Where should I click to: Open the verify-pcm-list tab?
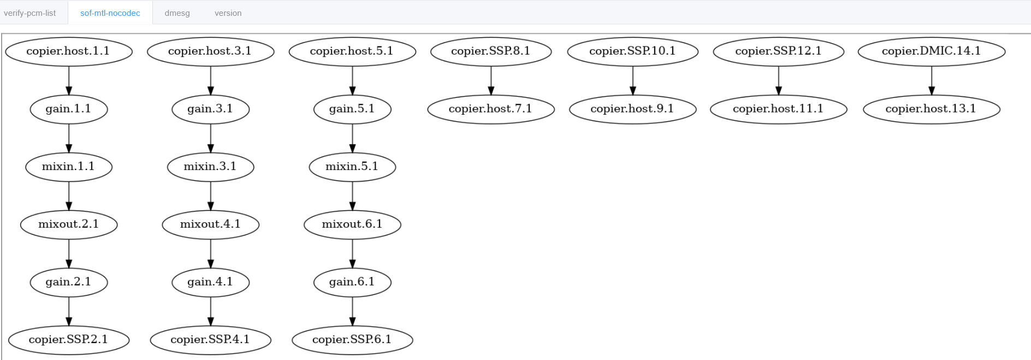pyautogui.click(x=29, y=13)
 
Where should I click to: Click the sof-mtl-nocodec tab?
pyautogui.click(x=110, y=13)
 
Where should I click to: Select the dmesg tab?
pyautogui.click(x=177, y=13)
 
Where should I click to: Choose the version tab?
pyautogui.click(x=228, y=13)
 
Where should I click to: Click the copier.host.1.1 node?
pyautogui.click(x=69, y=51)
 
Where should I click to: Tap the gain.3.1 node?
pyautogui.click(x=210, y=109)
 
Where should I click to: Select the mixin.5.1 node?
pyautogui.click(x=352, y=167)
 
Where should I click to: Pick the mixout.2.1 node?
pyautogui.click(x=69, y=225)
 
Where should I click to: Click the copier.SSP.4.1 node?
pyautogui.click(x=210, y=340)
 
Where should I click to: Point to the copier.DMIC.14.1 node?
pyautogui.click(x=931, y=51)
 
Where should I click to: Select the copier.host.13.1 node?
pyautogui.click(x=931, y=109)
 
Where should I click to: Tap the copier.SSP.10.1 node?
pyautogui.click(x=632, y=51)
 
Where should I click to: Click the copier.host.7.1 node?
pyautogui.click(x=490, y=109)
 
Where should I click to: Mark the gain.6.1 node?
pyautogui.click(x=352, y=282)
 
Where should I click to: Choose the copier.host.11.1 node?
pyautogui.click(x=778, y=109)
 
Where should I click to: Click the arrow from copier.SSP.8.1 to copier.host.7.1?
pyautogui.click(x=491, y=81)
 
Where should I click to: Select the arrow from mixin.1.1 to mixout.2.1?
pyautogui.click(x=69, y=196)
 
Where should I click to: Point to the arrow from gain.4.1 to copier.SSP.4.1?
pyautogui.click(x=211, y=311)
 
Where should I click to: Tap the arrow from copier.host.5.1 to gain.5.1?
pyautogui.click(x=352, y=81)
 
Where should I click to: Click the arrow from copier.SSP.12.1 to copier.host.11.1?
pyautogui.click(x=779, y=81)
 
